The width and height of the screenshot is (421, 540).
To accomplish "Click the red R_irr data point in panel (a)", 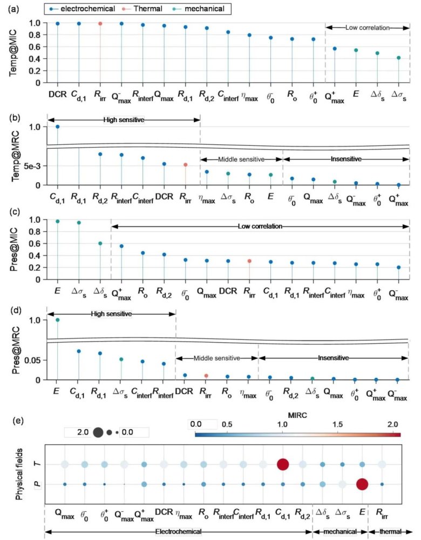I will coord(100,23).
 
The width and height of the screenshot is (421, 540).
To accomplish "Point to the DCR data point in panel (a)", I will coord(57,23).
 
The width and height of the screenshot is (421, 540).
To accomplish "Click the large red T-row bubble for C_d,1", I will coord(282,464).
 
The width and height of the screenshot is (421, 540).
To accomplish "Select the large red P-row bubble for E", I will coord(362,484).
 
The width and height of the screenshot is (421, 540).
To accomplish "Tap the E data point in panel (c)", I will coord(57,221).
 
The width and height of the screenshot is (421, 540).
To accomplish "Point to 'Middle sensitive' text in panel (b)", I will coord(241,159).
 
